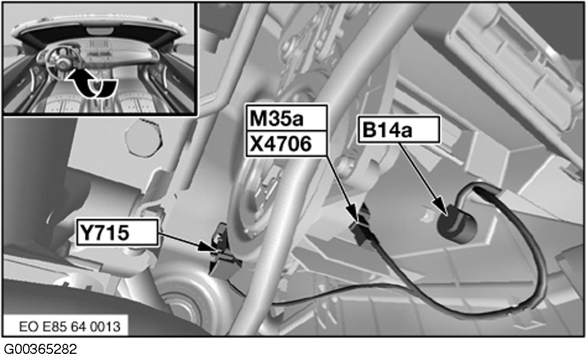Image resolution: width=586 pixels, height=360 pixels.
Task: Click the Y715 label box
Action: click(x=117, y=233)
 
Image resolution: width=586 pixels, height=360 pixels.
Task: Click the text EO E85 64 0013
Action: click(x=70, y=327)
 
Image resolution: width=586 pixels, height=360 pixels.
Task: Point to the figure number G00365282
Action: click(x=40, y=349)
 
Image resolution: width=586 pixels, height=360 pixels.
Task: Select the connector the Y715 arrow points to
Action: click(x=223, y=252)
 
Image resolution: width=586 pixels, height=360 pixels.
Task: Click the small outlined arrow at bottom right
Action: click(x=527, y=323)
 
